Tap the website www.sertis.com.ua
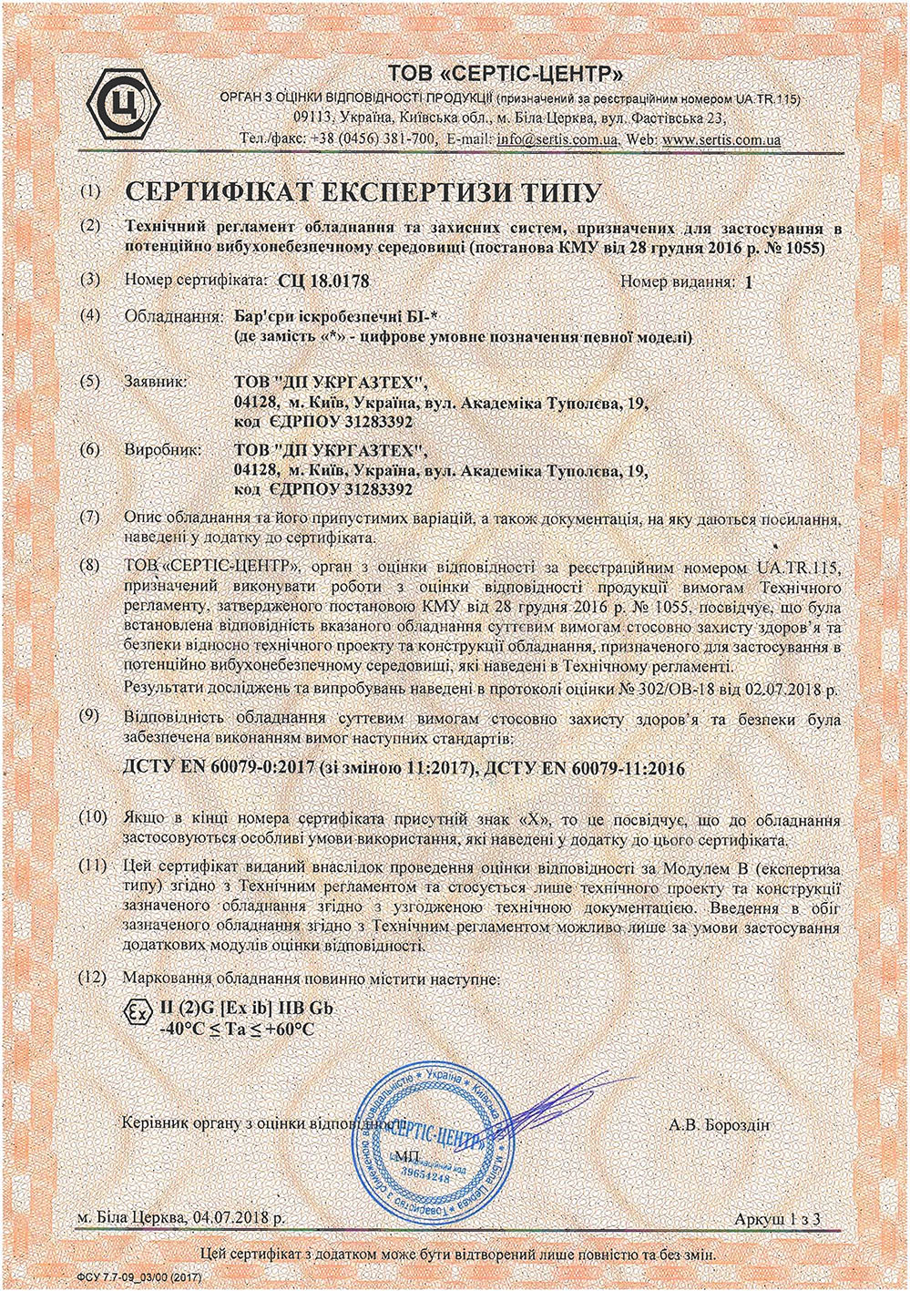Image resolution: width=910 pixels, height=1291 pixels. [722, 140]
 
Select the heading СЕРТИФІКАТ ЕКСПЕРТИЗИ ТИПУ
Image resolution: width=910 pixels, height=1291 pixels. [362, 193]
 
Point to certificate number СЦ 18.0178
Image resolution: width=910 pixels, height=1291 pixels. [326, 282]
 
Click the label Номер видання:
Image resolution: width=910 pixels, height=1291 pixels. [678, 282]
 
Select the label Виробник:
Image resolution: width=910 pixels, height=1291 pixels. [160, 450]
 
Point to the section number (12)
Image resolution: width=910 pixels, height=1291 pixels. [91, 978]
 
